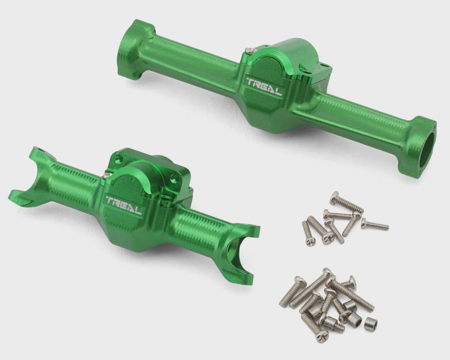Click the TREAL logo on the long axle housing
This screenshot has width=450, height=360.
[264, 87]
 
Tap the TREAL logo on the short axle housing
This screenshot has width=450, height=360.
[124, 205]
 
